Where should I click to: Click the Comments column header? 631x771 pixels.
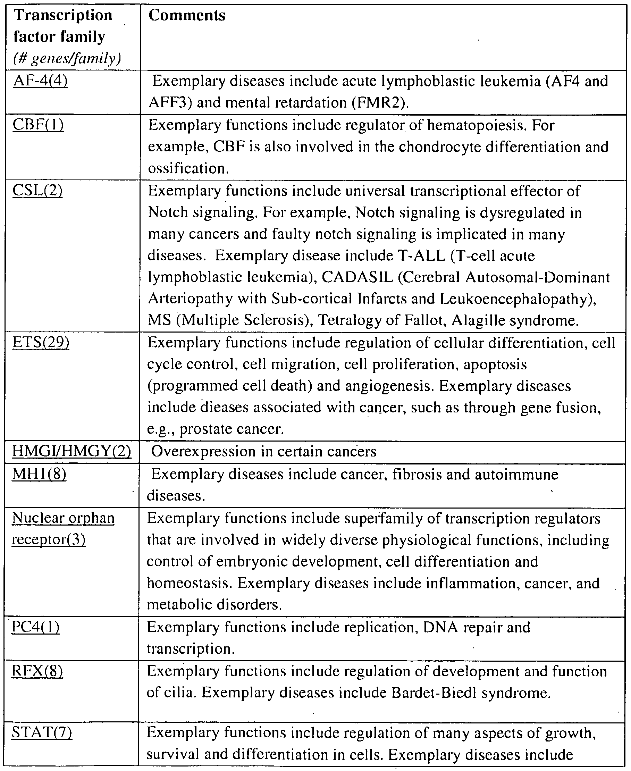(187, 16)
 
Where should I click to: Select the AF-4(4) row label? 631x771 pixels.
(40, 81)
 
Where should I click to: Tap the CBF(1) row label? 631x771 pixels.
(38, 125)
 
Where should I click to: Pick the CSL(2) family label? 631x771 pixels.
(37, 190)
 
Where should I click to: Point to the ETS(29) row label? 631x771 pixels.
(41, 342)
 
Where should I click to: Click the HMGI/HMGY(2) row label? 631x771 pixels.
(71, 451)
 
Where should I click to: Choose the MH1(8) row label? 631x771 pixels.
(39, 474)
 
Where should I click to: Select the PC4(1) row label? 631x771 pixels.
(36, 627)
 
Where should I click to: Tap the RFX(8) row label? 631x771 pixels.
(37, 671)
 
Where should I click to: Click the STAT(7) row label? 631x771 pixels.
(42, 732)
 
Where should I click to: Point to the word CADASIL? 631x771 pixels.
(357, 277)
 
